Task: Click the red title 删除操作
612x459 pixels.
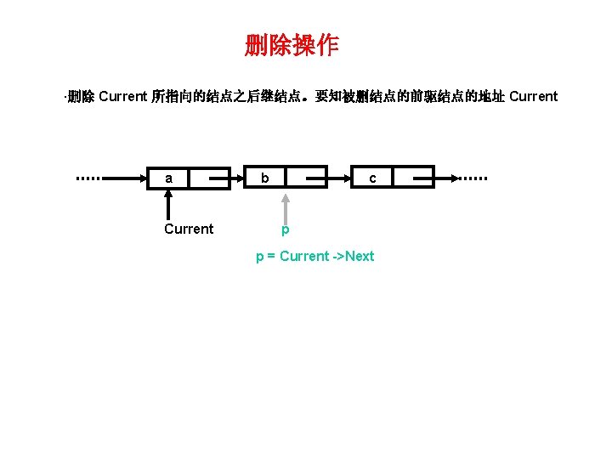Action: coord(292,45)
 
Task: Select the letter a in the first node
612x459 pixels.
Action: coord(170,178)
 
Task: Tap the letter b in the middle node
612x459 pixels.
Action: coord(266,178)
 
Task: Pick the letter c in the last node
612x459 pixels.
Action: coord(372,178)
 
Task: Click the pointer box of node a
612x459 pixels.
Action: coord(209,178)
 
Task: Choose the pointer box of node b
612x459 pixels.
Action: coord(306,178)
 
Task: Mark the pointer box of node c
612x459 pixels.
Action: coord(413,178)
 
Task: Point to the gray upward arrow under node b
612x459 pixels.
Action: coord(286,207)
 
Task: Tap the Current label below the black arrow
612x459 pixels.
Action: coord(189,229)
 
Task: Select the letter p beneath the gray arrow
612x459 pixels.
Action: coord(286,229)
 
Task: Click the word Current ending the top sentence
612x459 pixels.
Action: coord(533,96)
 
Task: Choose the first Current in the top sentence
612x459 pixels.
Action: coord(122,96)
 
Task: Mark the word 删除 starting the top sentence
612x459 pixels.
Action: coord(81,96)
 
